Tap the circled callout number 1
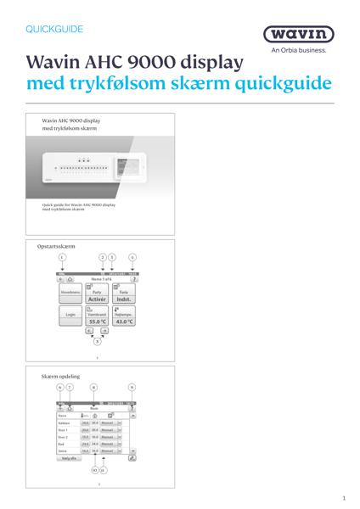(62, 256)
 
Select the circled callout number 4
(132, 256)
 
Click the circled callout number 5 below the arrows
(97, 340)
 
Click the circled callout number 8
(93, 387)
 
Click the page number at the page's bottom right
(343, 499)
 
